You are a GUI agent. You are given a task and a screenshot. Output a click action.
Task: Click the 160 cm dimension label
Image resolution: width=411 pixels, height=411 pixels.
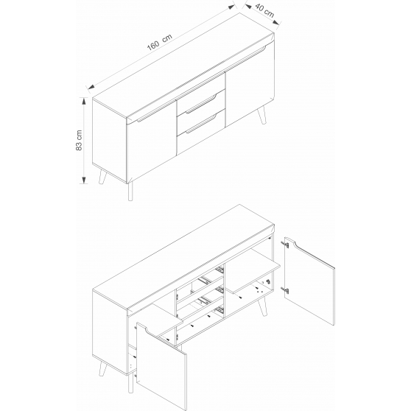coord(159,42)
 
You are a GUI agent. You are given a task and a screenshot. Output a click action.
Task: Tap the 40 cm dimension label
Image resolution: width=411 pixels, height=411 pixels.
coord(264,10)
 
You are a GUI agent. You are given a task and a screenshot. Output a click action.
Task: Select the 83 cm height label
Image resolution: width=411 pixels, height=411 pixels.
coord(79,140)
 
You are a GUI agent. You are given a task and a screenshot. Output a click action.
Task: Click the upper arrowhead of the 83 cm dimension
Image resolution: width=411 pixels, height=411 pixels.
coord(84,101)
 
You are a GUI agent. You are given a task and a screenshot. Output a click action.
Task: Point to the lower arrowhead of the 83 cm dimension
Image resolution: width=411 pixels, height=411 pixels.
coord(84,180)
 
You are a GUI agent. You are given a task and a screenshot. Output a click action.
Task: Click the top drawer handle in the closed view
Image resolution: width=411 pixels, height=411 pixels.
coord(201,104)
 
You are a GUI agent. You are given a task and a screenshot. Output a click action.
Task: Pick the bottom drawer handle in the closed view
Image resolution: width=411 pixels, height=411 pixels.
coord(201,124)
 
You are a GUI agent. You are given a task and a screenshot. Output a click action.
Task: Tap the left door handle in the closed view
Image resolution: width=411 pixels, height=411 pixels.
coord(156,111)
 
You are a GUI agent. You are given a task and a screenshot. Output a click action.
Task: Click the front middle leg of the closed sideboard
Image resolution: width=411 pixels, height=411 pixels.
coord(130,192)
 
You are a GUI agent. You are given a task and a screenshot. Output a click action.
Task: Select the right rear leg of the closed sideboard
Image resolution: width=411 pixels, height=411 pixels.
coord(262,115)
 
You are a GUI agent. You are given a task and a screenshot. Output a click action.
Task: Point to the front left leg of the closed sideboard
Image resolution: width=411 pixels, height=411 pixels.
coord(102,177)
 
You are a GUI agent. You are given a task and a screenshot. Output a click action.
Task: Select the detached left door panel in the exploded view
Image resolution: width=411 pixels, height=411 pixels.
coord(162,366)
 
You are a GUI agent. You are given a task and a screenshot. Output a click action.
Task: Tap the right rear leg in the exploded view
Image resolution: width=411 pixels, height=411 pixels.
coord(262,306)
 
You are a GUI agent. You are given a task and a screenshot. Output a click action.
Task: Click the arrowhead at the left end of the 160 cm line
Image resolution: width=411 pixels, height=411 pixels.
coord(91,87)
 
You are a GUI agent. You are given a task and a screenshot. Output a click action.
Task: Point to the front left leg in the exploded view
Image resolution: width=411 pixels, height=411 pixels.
coord(102,368)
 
